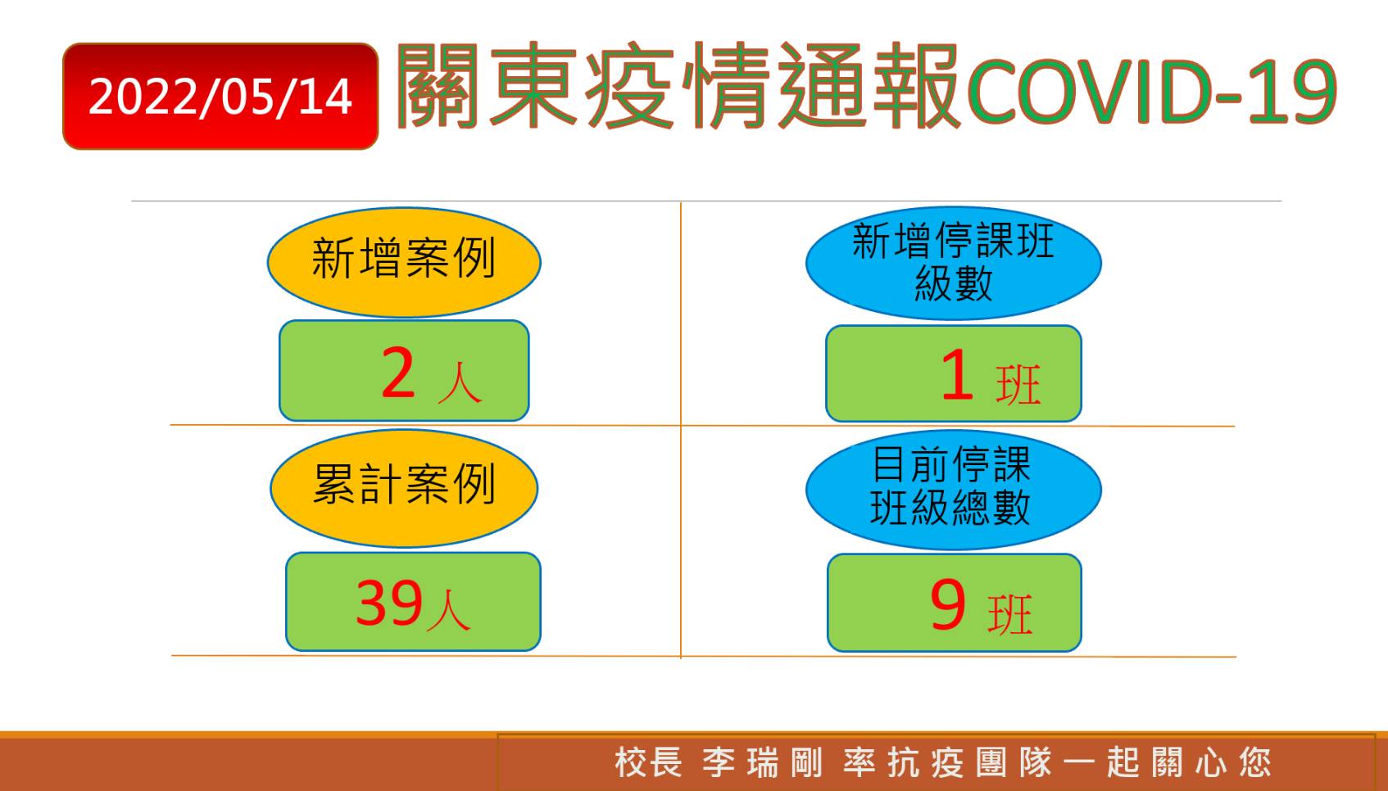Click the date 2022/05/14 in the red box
[x=220, y=97]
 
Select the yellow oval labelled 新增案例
[x=404, y=262]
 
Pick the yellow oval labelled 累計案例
[x=404, y=488]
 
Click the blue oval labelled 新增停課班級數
[x=954, y=263]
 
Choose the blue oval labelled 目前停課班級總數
[x=954, y=490]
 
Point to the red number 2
[x=398, y=373]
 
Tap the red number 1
[x=957, y=374]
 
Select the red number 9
[x=948, y=604]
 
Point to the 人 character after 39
[x=449, y=611]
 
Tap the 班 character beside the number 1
[x=1018, y=386]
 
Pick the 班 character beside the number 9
[x=1010, y=614]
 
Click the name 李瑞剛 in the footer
[x=763, y=762]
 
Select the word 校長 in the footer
[x=648, y=762]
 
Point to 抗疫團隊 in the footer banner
[x=970, y=762]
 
